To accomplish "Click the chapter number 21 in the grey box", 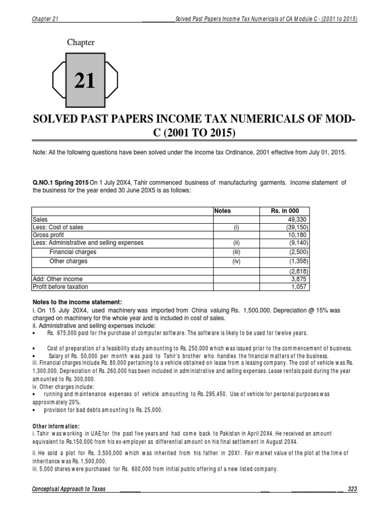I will coord(85,80).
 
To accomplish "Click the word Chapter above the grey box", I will coord(81,43).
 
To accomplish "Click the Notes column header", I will coord(223,211).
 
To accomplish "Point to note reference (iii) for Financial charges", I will coord(236,252).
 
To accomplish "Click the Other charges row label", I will coord(68,261).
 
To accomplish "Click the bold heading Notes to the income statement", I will coord(77,302).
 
